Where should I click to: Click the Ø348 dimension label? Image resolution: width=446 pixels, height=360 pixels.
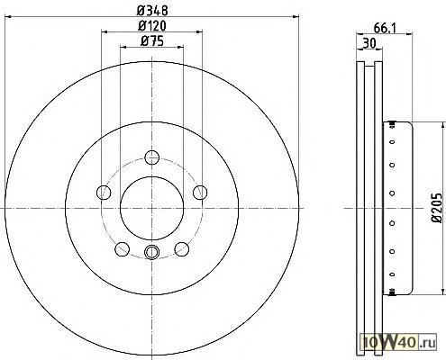coord(152,11)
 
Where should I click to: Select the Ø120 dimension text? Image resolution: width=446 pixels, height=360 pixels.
coord(152,26)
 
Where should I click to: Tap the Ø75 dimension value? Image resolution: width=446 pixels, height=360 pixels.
coord(152,41)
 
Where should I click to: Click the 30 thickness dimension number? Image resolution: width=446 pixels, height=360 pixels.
coord(369,44)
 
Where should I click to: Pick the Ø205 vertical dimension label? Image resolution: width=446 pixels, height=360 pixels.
coord(437,208)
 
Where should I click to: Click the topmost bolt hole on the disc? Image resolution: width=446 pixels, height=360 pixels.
coord(151,157)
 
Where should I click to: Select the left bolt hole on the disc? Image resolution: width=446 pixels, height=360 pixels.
coord(104,193)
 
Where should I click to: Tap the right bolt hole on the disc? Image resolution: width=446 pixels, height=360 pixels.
coord(200,193)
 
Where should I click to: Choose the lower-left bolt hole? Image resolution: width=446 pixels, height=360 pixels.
coord(123,249)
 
